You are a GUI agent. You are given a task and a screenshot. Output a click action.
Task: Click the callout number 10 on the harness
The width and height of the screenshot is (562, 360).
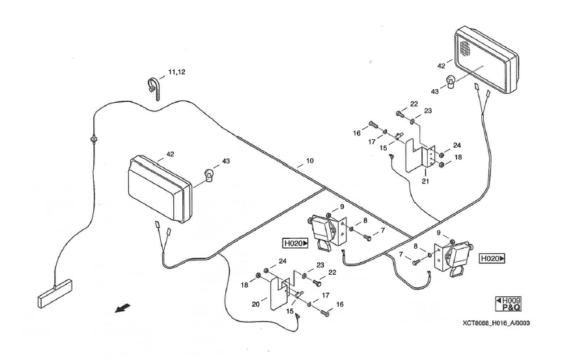[x=310, y=161]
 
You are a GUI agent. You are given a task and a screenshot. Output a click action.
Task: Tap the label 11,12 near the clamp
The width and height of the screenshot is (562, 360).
[x=176, y=72]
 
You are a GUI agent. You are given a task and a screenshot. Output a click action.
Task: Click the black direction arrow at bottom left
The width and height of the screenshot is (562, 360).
[x=122, y=308]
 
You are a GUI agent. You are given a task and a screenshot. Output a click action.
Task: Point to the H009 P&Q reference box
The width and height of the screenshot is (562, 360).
[x=508, y=304]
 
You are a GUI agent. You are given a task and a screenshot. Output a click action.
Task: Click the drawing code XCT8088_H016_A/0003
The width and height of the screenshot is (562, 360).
[x=496, y=323]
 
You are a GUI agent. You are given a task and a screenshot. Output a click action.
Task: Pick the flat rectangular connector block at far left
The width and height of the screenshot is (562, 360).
[x=55, y=294]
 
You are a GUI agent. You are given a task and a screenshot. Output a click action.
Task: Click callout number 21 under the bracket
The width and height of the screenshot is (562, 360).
[x=425, y=181]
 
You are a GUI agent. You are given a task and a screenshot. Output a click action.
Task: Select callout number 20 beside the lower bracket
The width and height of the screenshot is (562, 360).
[x=255, y=304]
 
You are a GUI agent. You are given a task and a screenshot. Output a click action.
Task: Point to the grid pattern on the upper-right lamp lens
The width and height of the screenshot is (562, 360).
[x=465, y=48]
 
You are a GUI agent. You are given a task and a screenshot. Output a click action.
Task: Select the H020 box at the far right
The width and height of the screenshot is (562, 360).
[x=492, y=258]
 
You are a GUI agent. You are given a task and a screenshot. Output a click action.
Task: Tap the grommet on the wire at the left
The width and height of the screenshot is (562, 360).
[x=94, y=138]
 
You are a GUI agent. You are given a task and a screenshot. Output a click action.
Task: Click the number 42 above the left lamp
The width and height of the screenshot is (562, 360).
[x=170, y=154]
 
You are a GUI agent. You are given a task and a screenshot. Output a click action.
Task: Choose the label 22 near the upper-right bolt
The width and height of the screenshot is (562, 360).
[x=414, y=104]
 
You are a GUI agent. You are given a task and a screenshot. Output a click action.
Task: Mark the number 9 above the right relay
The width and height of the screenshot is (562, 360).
[x=438, y=233]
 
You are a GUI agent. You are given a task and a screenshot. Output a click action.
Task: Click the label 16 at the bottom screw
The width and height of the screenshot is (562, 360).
[x=340, y=304]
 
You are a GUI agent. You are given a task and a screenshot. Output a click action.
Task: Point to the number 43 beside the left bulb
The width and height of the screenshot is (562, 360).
[x=226, y=161]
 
